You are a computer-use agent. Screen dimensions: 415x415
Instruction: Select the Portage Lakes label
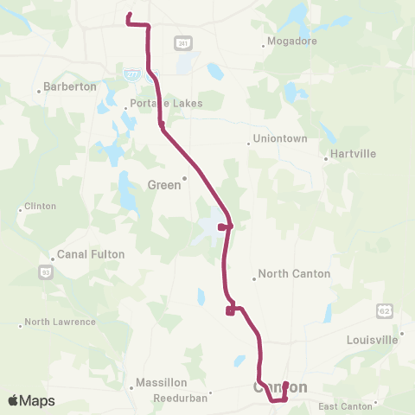(166, 104)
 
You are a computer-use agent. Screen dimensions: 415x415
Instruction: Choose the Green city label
(165, 184)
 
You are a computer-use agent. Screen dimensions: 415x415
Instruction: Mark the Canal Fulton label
(91, 254)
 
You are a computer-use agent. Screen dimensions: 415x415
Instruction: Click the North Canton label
(295, 274)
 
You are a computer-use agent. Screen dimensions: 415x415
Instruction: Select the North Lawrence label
(61, 322)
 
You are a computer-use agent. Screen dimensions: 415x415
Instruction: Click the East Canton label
(345, 405)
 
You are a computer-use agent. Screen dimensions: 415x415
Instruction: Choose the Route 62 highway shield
(383, 310)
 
